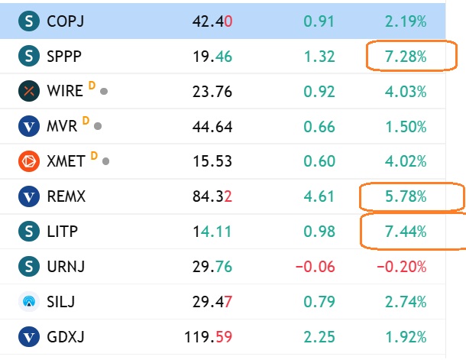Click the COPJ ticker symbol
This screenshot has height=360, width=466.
coord(66,21)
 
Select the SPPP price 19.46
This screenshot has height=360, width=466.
coord(212,57)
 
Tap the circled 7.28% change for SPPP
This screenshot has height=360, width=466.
coord(406,57)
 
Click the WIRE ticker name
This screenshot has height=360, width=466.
coord(65,91)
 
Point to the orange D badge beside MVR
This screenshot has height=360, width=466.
coord(86,121)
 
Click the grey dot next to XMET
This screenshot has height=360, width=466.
coord(105,161)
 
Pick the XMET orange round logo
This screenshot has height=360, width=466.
coord(29,161)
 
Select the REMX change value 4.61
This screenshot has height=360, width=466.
coord(319,196)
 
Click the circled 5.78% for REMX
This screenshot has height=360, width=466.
coord(406,196)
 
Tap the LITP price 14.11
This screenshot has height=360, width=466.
coord(212,232)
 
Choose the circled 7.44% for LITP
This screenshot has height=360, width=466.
coord(406,232)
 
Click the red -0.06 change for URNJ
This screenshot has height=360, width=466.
coord(316,267)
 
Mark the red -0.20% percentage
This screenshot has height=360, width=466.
coord(402,267)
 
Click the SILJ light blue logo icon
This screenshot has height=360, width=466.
coord(29,302)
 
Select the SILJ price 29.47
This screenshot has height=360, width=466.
coord(212,302)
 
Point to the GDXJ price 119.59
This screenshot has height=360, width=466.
coord(208,337)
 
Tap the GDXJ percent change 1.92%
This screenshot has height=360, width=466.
coord(406,337)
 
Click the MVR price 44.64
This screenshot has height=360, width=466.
coord(212,127)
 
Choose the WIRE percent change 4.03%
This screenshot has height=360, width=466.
coord(406,92)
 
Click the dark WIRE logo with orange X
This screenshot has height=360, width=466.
coord(29,91)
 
